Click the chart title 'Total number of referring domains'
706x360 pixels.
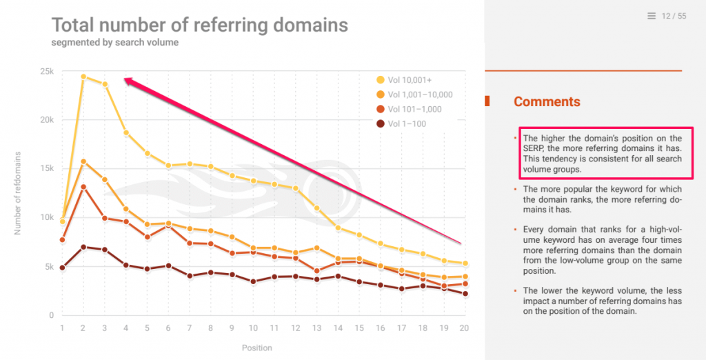click(199, 26)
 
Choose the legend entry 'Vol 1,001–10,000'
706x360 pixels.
click(420, 94)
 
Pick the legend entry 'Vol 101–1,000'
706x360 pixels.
click(414, 109)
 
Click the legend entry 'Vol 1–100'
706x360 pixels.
click(407, 123)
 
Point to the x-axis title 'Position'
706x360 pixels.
click(256, 348)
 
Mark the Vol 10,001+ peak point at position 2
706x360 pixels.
click(83, 77)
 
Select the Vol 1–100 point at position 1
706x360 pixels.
click(62, 268)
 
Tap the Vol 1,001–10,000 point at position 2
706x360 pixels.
click(83, 162)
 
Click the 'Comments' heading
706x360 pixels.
click(547, 102)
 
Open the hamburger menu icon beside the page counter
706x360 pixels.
click(652, 16)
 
